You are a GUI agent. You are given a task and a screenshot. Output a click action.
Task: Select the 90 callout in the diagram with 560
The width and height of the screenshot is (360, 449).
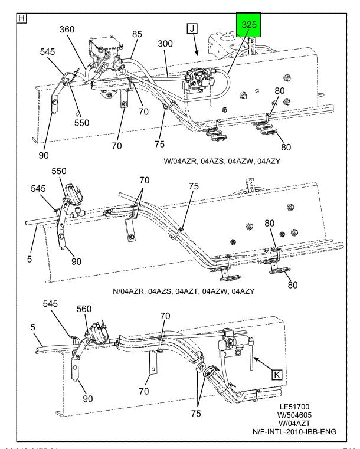(88, 398)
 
